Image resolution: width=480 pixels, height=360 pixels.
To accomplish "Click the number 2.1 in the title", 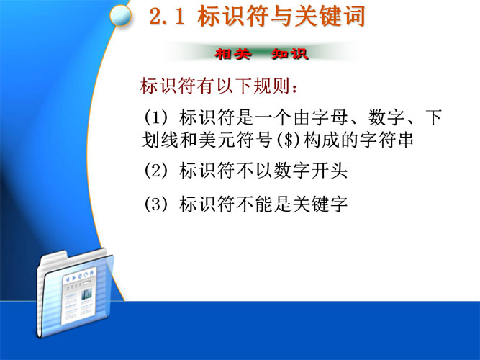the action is [167, 17].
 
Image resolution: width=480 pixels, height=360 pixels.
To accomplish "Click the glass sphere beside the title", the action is [120, 15].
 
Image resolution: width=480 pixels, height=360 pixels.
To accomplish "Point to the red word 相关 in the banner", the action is [232, 54].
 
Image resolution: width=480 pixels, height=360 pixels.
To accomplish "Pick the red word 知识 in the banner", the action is [289, 54].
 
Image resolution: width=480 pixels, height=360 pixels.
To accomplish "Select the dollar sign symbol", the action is [288, 140].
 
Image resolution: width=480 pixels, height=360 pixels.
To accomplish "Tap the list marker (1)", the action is [156, 117].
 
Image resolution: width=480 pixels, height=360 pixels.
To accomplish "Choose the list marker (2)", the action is [156, 171].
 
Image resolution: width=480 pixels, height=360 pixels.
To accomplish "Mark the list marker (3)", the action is [156, 204].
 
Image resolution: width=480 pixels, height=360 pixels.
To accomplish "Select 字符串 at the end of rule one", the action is [386, 140].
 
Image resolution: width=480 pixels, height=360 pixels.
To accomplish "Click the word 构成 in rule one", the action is [322, 140].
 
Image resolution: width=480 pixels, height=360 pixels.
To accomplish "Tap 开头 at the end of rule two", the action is [330, 171].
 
